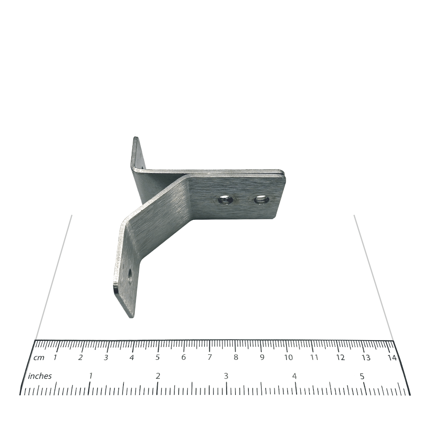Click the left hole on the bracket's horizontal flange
(225, 200)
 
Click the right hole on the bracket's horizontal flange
(261, 199)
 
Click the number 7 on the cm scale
(210, 357)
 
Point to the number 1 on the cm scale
(55, 357)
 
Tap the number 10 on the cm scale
(288, 357)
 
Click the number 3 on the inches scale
(226, 376)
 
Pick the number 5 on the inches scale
(362, 376)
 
